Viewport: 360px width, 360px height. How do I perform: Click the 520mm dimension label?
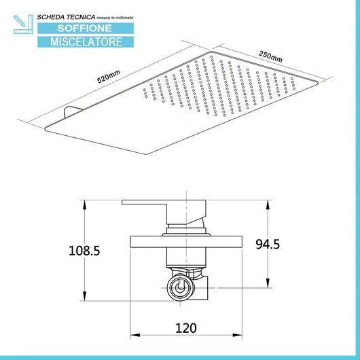point(109,77)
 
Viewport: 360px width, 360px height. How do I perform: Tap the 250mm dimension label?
point(270,56)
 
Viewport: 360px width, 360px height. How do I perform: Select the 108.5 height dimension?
point(84,251)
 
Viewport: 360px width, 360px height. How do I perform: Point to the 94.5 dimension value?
point(268,244)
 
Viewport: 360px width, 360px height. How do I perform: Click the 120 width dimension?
point(186,328)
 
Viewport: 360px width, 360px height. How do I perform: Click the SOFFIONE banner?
point(86,29)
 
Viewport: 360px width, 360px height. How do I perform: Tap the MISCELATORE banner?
point(86,42)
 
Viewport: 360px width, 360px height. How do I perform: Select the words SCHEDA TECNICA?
point(66,17)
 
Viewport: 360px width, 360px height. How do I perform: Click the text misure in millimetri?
point(115,18)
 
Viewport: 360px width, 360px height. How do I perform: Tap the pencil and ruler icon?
point(23,24)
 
